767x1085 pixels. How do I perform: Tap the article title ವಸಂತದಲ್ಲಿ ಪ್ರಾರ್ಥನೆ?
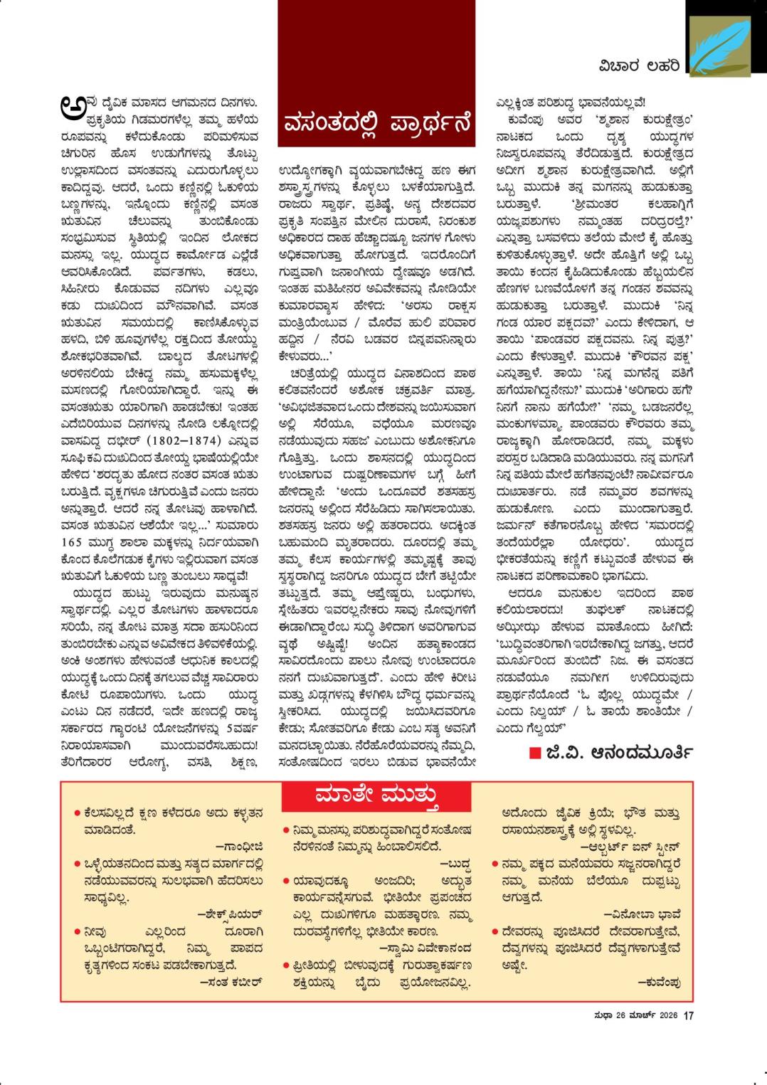377,122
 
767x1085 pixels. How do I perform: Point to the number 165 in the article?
73,539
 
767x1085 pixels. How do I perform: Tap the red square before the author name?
535,753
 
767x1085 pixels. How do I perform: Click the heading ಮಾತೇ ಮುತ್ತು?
377,795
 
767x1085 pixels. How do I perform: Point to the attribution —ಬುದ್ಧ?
456,864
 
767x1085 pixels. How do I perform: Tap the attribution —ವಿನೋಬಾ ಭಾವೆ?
642,914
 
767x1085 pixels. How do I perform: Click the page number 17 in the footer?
688,1015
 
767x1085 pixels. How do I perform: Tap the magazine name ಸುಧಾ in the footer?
584,1015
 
